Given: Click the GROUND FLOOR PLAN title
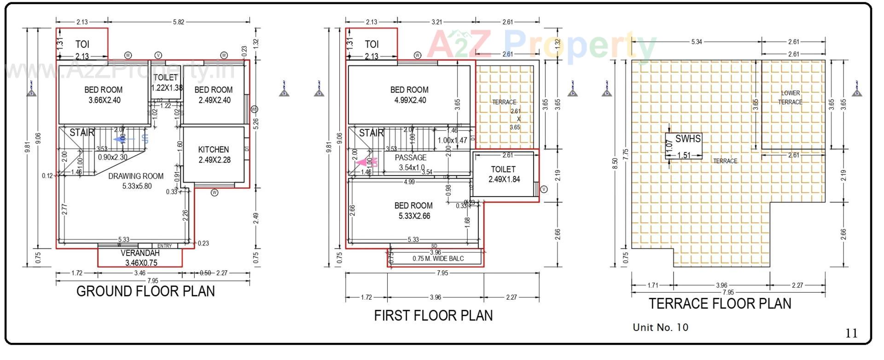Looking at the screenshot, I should click(145, 291).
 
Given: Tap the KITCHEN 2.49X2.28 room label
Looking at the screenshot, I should click(214, 155).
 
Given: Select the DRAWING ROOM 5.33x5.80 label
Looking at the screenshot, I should click(136, 181).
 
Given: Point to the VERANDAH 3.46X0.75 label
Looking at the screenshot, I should click(140, 258).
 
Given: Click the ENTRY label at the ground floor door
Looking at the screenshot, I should click(164, 246).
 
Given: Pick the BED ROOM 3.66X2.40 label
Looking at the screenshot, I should click(104, 95).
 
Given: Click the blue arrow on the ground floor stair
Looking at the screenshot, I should click(122, 139).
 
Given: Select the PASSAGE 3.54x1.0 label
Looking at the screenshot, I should click(411, 163).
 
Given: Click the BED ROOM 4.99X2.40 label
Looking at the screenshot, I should click(409, 95).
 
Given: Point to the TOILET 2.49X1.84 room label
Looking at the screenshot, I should click(504, 174).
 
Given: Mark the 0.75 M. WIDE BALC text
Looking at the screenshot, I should click(438, 259).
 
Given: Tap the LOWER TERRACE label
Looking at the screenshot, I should click(790, 98).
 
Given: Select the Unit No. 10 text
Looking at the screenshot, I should click(660, 327).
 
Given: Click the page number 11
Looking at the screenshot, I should click(851, 333).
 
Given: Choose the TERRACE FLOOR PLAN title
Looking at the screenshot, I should click(720, 304).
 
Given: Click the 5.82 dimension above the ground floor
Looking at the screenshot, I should click(179, 22).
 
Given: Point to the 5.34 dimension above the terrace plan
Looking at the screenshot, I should click(697, 41).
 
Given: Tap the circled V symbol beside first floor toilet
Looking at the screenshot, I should click(544, 189).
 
